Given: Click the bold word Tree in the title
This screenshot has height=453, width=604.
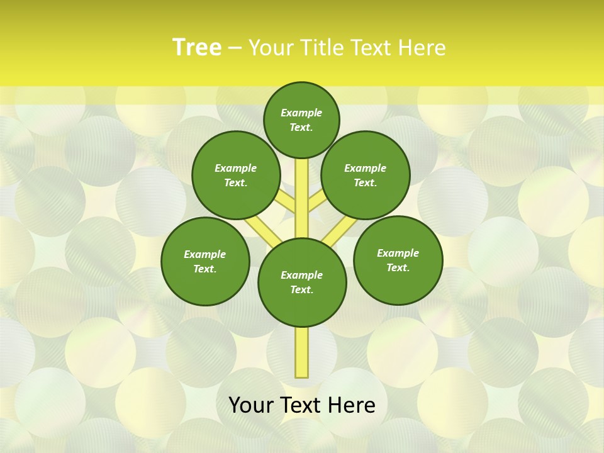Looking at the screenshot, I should (x=197, y=47).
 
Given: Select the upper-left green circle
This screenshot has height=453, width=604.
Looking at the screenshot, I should (x=235, y=175).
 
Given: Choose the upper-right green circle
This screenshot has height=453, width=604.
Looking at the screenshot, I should (x=366, y=175).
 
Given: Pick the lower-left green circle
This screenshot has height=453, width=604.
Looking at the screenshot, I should (x=205, y=261).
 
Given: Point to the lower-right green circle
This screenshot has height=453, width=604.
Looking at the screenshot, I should (x=398, y=260).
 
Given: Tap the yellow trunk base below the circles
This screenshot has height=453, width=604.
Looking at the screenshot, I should (x=302, y=352).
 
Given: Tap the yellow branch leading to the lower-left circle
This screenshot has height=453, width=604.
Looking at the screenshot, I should (x=260, y=227).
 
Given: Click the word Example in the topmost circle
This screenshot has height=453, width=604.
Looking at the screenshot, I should (x=301, y=113).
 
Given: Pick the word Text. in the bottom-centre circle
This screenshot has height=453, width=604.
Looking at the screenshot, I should (x=301, y=289).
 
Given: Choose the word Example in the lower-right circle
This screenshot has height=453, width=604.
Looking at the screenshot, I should (x=398, y=253).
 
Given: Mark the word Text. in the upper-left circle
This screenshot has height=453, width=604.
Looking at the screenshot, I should (x=235, y=182).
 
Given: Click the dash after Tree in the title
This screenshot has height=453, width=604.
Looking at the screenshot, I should (x=235, y=48).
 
